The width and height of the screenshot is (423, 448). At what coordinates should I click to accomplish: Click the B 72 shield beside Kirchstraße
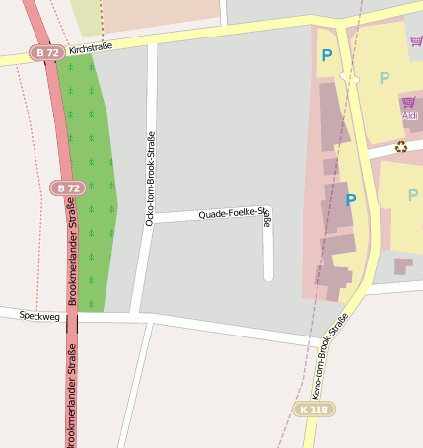click(x=45, y=51)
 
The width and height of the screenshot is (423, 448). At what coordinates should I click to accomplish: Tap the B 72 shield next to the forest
click(x=66, y=187)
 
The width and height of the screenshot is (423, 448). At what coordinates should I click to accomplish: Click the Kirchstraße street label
click(x=90, y=48)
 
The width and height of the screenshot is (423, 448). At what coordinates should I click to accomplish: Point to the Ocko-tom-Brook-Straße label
click(x=150, y=179)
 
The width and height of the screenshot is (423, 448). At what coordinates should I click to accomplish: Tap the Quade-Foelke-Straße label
click(x=233, y=212)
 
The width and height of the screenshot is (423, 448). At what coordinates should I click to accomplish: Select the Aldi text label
click(x=409, y=115)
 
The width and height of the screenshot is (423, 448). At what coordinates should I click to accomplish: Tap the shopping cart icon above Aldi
click(x=408, y=102)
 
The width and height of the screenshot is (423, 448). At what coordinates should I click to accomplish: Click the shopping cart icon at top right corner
click(x=416, y=40)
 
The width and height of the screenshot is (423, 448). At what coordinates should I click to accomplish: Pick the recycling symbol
click(x=401, y=147)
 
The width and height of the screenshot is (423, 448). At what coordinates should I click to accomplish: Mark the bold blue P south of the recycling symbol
click(x=350, y=199)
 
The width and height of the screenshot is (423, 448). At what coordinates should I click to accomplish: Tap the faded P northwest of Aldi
click(x=385, y=78)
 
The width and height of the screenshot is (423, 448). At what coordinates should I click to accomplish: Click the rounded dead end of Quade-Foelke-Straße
click(x=268, y=275)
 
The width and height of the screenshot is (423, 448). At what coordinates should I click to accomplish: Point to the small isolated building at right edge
click(x=402, y=265)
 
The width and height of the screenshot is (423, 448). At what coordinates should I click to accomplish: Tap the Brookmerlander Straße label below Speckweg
click(x=71, y=395)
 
